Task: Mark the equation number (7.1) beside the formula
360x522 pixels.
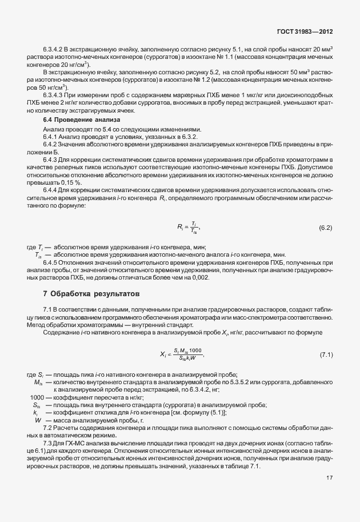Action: coord(325,355)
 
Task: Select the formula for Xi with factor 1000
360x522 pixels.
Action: coord(180,355)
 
